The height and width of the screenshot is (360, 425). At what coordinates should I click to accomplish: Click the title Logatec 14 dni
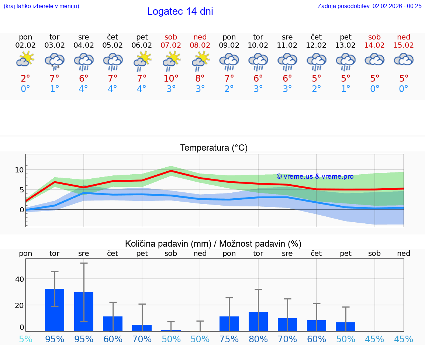point(180,11)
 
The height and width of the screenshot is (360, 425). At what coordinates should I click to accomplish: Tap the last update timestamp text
point(369,6)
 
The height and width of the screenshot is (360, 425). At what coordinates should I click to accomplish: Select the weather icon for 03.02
point(55,61)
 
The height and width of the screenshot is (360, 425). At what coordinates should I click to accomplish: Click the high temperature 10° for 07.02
point(171,79)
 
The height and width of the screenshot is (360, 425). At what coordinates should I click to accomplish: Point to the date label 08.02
point(200,45)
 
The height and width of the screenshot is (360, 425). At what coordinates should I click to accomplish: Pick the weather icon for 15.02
point(404,60)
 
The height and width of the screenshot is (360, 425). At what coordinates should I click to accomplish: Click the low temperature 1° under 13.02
point(345,89)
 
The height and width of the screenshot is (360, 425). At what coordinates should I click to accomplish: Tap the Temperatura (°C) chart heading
point(214,148)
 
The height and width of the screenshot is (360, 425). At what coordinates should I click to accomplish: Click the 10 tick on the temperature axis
point(19,170)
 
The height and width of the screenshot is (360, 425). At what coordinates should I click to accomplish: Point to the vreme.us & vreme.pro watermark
point(315,176)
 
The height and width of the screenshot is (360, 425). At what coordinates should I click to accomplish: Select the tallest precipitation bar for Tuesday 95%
point(55,310)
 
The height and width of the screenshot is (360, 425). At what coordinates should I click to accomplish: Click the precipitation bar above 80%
point(258,322)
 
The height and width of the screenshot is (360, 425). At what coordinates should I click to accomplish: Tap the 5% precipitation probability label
point(25,339)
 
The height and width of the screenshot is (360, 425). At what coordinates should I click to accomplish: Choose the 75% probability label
point(229,339)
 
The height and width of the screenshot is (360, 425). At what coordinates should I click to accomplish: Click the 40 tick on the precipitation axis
point(20,279)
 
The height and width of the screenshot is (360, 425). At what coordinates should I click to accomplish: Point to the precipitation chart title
point(213,244)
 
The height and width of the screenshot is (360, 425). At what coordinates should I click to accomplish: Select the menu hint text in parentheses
point(41,6)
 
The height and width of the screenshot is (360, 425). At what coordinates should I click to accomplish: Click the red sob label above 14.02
point(374,37)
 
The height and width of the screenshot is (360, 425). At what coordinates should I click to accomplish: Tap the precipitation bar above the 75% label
point(229,324)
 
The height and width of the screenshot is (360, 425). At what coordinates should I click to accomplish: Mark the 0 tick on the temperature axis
point(22,210)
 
